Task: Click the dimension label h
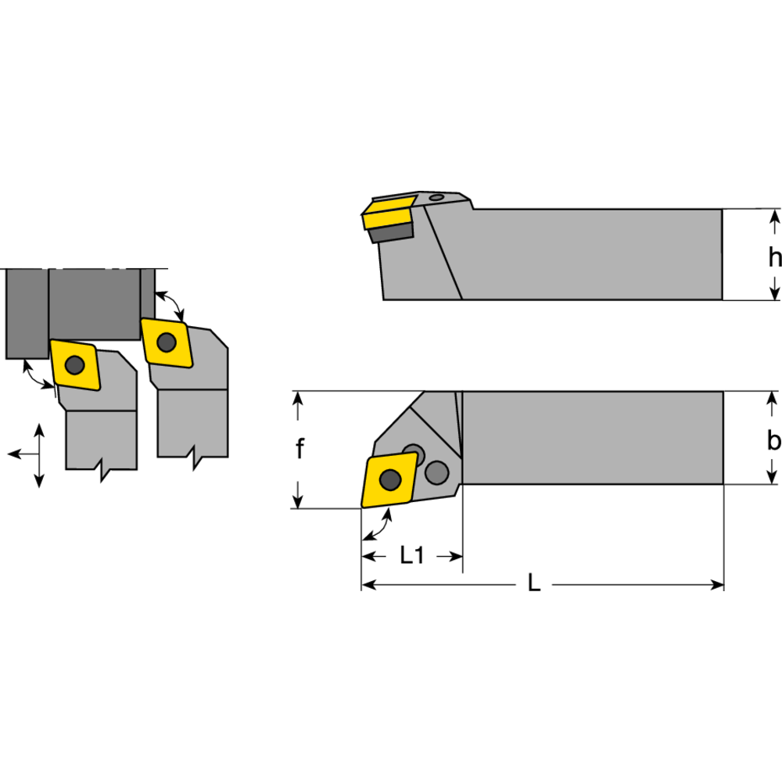[773, 256]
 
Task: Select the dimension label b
[773, 441]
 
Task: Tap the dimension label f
[299, 450]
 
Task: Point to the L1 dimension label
[411, 556]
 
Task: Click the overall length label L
[534, 584]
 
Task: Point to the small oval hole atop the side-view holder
[437, 197]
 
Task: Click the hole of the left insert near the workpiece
[74, 364]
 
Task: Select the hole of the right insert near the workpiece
[166, 342]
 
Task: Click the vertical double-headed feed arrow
[39, 456]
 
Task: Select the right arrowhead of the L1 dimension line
[458, 556]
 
